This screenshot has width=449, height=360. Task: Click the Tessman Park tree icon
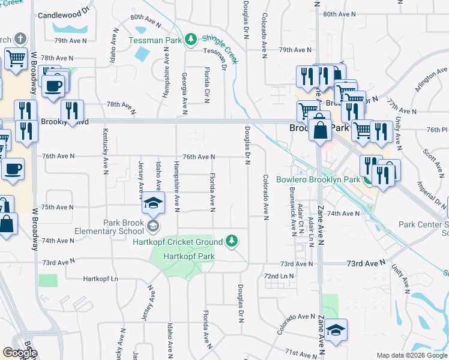pyautogui.click(x=191, y=40)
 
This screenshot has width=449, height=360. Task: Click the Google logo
pyautogui.click(x=19, y=353)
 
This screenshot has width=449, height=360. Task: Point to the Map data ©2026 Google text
pyautogui.click(x=411, y=356)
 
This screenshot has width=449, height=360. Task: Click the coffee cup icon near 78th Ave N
pyautogui.click(x=53, y=85)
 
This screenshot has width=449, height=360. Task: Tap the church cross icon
pyautogui.click(x=20, y=40)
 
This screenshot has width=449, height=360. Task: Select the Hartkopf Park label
pyautogui.click(x=193, y=256)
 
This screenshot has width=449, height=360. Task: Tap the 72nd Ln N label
pyautogui.click(x=279, y=276)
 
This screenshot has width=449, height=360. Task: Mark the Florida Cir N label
pyautogui.click(x=206, y=86)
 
